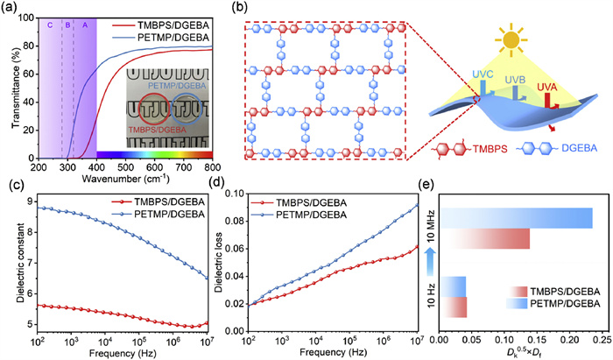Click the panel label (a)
11,8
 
